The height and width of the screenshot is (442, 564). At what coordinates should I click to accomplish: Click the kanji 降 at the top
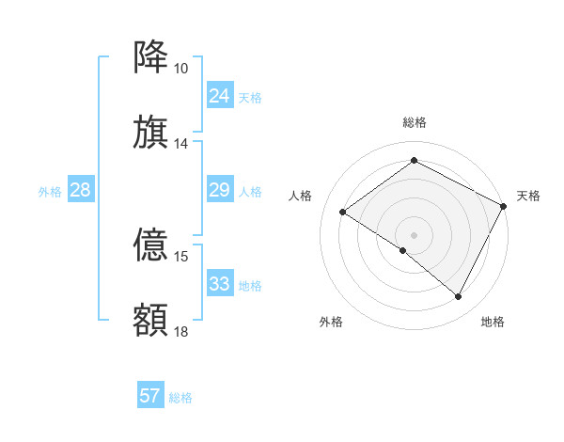point(151,57)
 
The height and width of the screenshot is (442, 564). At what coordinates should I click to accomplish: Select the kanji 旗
point(151,133)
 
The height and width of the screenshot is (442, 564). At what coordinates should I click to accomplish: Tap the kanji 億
point(151,245)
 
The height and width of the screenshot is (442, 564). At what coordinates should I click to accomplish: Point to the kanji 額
point(151,320)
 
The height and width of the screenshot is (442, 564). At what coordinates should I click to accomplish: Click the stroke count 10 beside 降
point(180,69)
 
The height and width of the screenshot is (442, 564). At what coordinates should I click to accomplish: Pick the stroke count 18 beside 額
point(180,331)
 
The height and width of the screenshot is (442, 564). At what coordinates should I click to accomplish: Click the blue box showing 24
point(220,96)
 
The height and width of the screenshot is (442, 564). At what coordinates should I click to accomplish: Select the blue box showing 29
point(220,191)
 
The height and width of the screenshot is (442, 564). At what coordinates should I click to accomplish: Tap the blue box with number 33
point(220,284)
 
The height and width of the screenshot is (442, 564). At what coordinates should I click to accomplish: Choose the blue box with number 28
point(81,191)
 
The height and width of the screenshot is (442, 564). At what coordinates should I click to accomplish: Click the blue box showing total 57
point(150,396)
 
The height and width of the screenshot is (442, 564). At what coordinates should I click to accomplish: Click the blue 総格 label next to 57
point(180,398)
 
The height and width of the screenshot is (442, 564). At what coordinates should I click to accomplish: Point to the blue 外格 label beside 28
point(50,192)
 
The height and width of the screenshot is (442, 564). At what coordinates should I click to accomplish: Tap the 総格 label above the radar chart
point(415,122)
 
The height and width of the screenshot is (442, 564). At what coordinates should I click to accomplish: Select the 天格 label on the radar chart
point(528,196)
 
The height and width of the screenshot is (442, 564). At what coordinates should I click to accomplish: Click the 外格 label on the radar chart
point(331,323)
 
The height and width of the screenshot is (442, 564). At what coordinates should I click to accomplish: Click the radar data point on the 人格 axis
point(343,212)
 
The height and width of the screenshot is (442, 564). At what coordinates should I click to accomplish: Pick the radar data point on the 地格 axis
point(459,297)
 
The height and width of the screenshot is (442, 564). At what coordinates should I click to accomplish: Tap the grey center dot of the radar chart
point(415,234)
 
